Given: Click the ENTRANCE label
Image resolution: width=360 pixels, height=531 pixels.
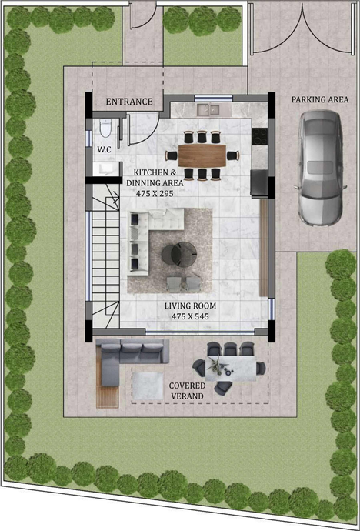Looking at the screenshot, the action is point(129,102).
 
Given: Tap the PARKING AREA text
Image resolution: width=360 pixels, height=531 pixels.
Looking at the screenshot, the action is point(320,99).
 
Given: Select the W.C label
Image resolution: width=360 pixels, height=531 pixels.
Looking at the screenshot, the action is point(104,149).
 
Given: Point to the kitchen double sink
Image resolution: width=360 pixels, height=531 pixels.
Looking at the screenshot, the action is point(208,109).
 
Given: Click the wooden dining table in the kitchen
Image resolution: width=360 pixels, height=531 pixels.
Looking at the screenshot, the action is point(202,155).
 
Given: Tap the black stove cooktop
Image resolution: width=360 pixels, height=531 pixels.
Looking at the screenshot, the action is point(260,136).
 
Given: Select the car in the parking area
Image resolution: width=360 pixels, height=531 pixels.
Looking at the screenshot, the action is point(321,167).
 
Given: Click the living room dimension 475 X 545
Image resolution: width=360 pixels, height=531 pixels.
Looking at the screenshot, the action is point(190,316).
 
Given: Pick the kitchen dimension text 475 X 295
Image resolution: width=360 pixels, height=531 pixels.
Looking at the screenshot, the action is point(155,194).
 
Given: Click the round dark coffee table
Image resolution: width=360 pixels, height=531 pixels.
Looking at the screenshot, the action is point(179,255).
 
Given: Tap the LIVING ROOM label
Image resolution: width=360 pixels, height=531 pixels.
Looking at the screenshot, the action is point(190,306).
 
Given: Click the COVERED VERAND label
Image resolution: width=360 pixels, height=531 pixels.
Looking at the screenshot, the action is point(187,391).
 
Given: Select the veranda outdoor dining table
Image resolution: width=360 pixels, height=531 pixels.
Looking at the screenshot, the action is point(231,369).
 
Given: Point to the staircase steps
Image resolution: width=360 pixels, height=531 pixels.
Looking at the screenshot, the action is point(105,257).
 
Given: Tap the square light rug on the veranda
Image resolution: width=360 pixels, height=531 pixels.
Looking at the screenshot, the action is point(148,386).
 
